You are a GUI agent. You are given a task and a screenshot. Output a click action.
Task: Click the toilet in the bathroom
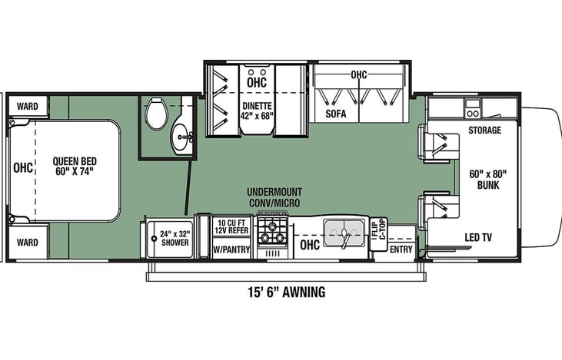pyautogui.click(x=157, y=113)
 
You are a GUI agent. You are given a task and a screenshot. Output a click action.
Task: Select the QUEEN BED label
pyautogui.click(x=75, y=166)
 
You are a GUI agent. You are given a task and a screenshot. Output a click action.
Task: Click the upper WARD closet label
pyautogui.click(x=27, y=106)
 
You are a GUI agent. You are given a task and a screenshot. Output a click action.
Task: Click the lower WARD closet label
pyautogui.click(x=27, y=243)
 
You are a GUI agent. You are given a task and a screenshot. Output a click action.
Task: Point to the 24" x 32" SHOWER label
pyautogui.click(x=175, y=238)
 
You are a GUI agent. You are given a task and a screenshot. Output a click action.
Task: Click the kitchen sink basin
pyautogui.click(x=344, y=233)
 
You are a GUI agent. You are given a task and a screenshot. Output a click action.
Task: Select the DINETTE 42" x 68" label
pyautogui.click(x=258, y=111)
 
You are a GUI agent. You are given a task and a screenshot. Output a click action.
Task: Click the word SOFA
pyautogui.click(x=336, y=114)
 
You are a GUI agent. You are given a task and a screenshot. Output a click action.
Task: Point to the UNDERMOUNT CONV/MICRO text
pyautogui.click(x=274, y=197)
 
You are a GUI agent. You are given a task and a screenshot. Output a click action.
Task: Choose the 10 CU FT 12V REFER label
pyautogui.click(x=232, y=226)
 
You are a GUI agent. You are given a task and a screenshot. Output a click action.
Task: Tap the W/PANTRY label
pyautogui.click(x=231, y=249)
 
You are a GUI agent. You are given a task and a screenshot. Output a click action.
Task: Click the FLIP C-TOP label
pyautogui.click(x=378, y=229)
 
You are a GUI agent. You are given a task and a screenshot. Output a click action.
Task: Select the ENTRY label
pyautogui.click(x=401, y=249)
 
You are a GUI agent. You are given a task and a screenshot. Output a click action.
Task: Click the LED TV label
pyautogui.click(x=478, y=237)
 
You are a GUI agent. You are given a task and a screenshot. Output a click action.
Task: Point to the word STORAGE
pyautogui.click(x=484, y=130)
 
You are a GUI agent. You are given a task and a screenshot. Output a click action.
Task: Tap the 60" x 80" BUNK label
pyautogui.click(x=487, y=180)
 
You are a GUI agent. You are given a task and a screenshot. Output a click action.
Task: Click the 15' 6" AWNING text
pyautogui.click(x=287, y=292)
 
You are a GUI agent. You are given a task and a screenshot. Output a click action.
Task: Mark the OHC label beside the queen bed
pyautogui.click(x=23, y=167)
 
